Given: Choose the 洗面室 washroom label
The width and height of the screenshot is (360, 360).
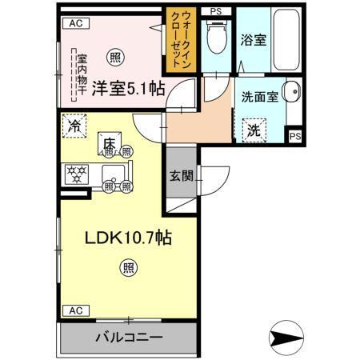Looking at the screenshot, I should [x=260, y=95].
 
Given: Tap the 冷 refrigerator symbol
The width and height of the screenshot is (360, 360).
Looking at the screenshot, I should [x=74, y=126].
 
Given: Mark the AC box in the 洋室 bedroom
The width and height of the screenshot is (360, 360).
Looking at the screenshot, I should [x=76, y=25].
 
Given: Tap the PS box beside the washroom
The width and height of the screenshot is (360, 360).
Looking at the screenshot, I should [x=295, y=136].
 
